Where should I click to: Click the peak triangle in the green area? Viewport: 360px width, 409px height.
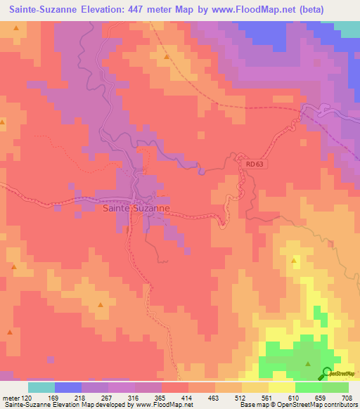click(308, 363)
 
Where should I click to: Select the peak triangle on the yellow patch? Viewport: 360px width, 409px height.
click(294, 261)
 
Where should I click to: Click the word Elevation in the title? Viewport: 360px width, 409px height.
click(112, 10)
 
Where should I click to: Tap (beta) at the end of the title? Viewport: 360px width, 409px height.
click(335, 10)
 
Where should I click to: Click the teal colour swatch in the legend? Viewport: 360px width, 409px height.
click(41, 387)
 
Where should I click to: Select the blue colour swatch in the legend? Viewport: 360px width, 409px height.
click(67, 387)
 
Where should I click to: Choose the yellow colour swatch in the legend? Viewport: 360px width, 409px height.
click(281, 387)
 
